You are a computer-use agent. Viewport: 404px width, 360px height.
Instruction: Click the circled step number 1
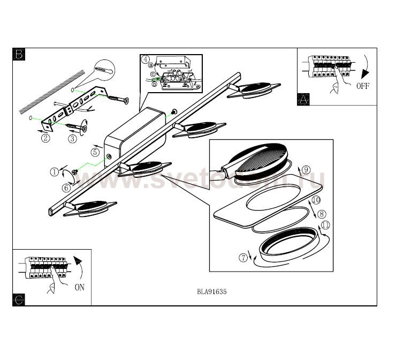pyautogui.click(x=54, y=172)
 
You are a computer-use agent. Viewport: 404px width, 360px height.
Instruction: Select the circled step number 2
pyautogui.click(x=46, y=138)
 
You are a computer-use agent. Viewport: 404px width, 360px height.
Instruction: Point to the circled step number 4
pyautogui.click(x=145, y=59)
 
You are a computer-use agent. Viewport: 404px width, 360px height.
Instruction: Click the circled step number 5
pyautogui.click(x=95, y=152)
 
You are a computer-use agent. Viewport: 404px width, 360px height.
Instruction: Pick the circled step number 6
pyautogui.click(x=66, y=187)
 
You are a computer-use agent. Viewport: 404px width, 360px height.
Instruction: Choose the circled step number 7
pyautogui.click(x=245, y=258)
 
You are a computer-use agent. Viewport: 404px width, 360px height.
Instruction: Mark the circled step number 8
pyautogui.click(x=322, y=214)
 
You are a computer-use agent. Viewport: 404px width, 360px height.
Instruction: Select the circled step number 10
pyautogui.click(x=316, y=200)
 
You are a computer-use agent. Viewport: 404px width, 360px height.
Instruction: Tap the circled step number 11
pyautogui.click(x=325, y=224)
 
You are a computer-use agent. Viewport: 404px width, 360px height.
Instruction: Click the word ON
pyautogui.click(x=79, y=287)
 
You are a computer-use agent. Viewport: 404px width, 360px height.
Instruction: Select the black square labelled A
pyautogui.click(x=303, y=99)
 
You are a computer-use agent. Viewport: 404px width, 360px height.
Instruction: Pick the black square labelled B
pyautogui.click(x=19, y=54)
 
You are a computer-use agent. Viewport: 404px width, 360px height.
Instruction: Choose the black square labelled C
pyautogui.click(x=19, y=299)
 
